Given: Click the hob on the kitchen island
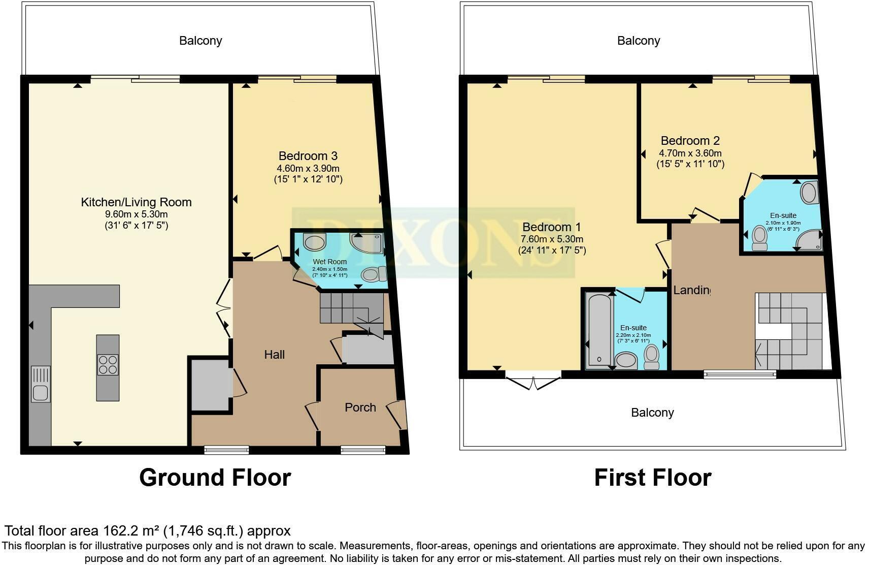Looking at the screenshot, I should coord(108,364).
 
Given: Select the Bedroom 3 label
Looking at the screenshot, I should coord(308,156).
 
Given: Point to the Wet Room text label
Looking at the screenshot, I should coord(330,262).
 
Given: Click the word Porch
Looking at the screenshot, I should coord(360,407).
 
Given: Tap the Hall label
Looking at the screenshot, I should coord(274,355).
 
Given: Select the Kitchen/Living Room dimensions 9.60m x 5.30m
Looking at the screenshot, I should coord(136,214).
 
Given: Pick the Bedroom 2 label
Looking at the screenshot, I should coord(690,141).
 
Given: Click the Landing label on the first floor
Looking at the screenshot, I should coord(691,290).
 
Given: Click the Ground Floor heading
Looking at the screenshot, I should coord(215,478).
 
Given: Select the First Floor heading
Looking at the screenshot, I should coord(653,478).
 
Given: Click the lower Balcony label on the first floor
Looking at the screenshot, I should coord(652,413).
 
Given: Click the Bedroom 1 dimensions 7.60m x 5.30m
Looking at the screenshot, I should coord(552,239).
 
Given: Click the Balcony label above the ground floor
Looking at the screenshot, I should coord(200,41).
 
